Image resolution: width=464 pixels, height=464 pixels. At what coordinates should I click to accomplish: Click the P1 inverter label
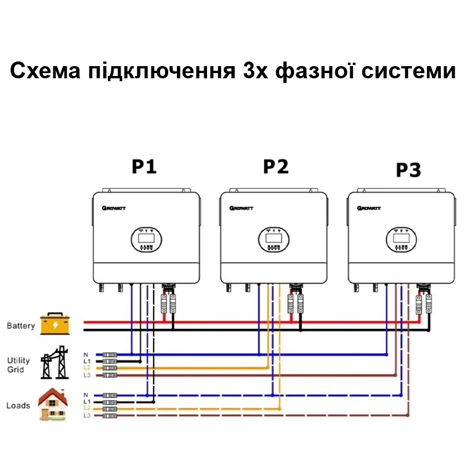pyautogui.click(x=144, y=166)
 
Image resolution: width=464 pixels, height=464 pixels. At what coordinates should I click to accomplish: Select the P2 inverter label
pyautogui.click(x=275, y=166)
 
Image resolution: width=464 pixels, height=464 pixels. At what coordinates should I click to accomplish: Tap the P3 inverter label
pyautogui.click(x=408, y=170)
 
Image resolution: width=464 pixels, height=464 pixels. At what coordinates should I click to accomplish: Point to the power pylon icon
pyautogui.click(x=53, y=364)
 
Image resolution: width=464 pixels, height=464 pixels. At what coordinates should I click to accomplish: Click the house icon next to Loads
pyautogui.click(x=53, y=404)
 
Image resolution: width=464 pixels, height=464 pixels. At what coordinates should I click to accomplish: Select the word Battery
pyautogui.click(x=21, y=326)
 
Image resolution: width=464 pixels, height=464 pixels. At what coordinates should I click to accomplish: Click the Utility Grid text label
pyautogui.click(x=19, y=365)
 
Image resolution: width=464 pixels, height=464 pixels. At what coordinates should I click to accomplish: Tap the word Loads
pyautogui.click(x=18, y=405)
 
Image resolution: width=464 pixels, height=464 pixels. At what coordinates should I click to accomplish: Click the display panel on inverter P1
pyautogui.click(x=145, y=240)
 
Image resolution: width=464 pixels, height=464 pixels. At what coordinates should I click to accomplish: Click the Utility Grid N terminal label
pyautogui.click(x=86, y=354)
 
